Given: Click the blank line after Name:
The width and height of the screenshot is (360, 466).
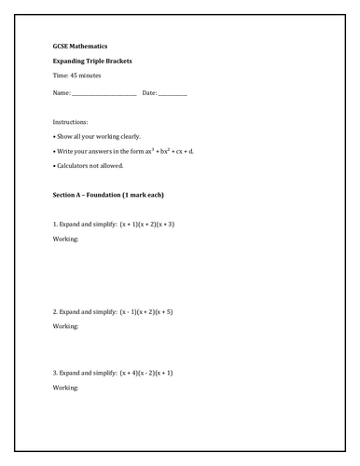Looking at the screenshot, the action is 104,93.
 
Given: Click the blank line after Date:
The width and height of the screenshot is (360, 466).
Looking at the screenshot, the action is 173,93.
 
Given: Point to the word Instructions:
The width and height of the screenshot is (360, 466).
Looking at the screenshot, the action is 71,122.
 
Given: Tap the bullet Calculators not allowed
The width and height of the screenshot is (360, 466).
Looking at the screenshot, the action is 90,166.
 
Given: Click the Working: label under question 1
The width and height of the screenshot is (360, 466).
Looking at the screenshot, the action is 66,240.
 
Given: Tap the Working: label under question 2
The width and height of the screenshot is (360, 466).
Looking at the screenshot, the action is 66,326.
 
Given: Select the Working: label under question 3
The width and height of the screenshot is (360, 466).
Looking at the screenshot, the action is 66,387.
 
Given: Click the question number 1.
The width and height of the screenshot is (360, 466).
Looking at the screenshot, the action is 55,225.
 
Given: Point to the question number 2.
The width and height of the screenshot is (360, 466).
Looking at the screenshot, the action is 55,311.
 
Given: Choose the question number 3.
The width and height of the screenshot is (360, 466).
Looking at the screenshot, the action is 55,372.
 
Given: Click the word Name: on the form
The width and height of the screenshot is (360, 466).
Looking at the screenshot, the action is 62,93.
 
